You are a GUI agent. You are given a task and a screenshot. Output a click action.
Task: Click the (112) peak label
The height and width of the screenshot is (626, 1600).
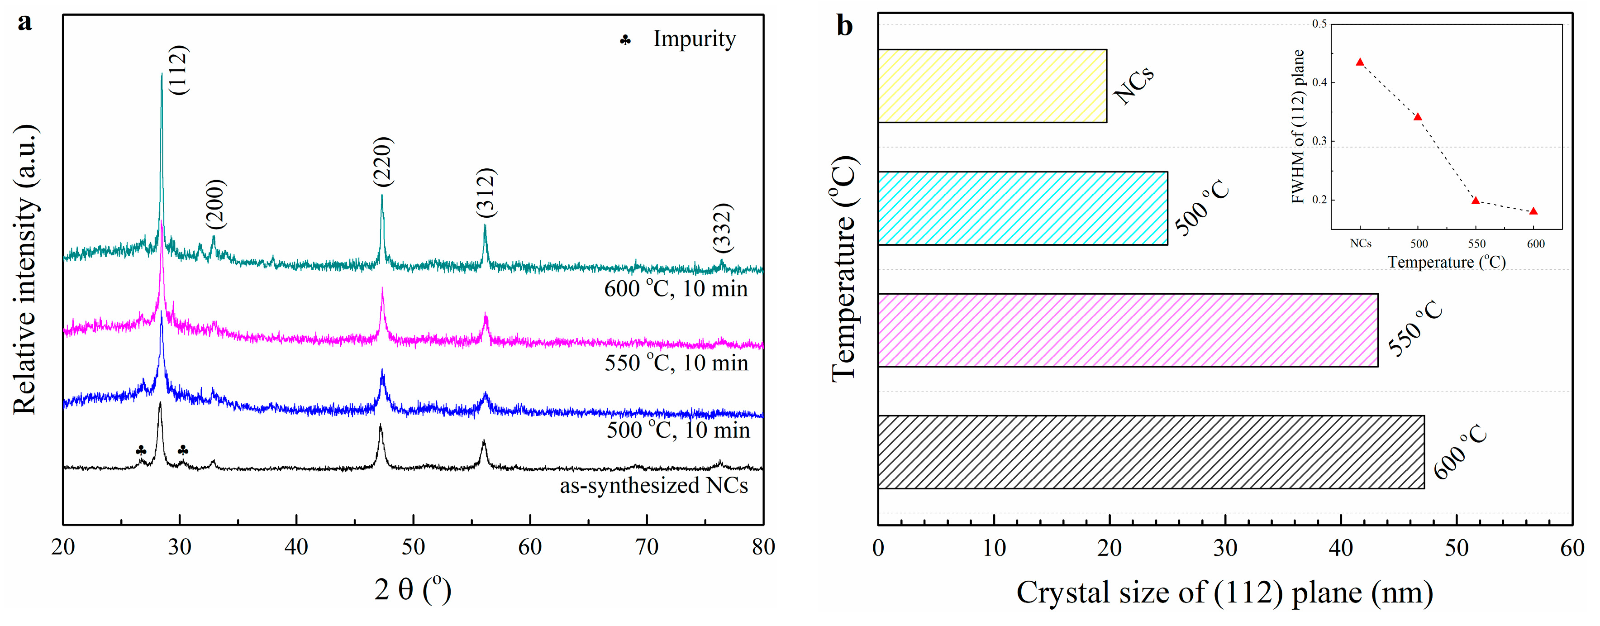pyautogui.click(x=178, y=70)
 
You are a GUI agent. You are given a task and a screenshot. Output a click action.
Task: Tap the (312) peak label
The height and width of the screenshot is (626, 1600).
pyautogui.click(x=486, y=192)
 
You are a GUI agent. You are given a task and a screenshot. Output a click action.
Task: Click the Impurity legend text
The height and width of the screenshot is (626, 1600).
pyautogui.click(x=694, y=39)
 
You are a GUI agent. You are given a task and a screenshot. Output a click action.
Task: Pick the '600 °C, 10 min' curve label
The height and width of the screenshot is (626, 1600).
pyautogui.click(x=676, y=289)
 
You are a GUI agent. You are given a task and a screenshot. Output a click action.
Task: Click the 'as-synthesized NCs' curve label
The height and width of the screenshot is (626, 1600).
pyautogui.click(x=653, y=485)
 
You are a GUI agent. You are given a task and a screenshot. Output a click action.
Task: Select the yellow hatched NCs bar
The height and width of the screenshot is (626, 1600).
pyautogui.click(x=992, y=86)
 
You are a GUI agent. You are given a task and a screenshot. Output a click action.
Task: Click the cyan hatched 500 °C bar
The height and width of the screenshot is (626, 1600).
pyautogui.click(x=1022, y=208)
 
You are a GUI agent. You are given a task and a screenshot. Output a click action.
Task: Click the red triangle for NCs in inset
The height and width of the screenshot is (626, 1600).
pyautogui.click(x=1360, y=62)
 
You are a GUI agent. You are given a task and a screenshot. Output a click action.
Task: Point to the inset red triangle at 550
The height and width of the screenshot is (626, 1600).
pyautogui.click(x=1476, y=201)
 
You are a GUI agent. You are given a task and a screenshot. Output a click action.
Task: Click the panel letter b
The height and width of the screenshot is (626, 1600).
pyautogui.click(x=845, y=26)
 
